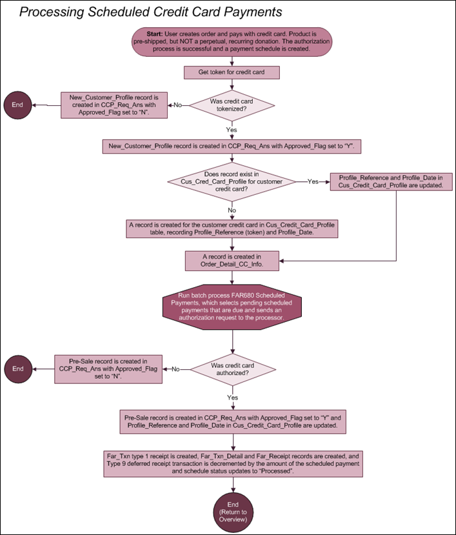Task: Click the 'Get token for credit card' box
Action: (232, 72)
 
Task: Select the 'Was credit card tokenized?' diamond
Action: (232, 105)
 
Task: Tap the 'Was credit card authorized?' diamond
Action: (233, 369)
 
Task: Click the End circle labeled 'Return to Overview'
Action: (233, 512)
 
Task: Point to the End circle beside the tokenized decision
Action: (17, 105)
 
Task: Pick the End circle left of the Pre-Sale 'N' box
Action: (18, 369)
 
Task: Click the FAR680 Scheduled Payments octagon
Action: (232, 307)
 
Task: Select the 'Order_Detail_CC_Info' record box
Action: (232, 261)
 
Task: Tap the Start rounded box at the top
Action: (232, 42)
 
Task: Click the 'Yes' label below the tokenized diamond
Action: (232, 130)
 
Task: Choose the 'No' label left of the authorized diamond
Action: (175, 369)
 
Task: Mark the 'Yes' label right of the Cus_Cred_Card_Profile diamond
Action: (313, 181)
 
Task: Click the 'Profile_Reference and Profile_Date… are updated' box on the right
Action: (392, 181)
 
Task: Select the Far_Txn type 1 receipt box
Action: (233, 464)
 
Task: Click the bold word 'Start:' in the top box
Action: (155, 34)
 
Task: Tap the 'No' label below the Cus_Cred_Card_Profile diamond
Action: (232, 210)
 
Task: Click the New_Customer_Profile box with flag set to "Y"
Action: (232, 146)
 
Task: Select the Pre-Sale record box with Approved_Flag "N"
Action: (108, 369)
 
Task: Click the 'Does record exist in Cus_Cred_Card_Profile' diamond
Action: (232, 181)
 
